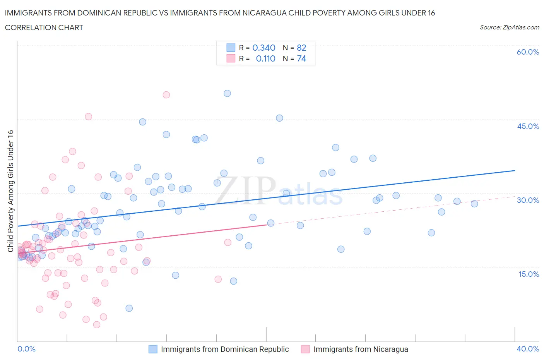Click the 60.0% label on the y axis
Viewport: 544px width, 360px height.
click(x=528, y=52)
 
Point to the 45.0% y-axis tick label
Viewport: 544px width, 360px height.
click(x=528, y=126)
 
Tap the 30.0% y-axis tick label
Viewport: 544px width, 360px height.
click(x=528, y=200)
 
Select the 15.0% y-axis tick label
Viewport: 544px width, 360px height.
click(x=528, y=274)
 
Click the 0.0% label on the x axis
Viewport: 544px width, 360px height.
click(x=26, y=349)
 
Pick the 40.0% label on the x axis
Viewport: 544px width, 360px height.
click(x=528, y=349)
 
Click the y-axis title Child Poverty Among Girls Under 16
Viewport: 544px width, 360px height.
click(x=10, y=191)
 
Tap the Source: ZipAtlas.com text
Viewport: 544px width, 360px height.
click(x=509, y=27)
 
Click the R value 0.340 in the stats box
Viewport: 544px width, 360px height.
click(x=264, y=48)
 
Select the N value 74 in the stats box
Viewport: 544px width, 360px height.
click(x=301, y=58)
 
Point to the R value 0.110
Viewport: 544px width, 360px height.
click(x=265, y=58)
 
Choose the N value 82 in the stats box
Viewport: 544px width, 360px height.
click(x=301, y=48)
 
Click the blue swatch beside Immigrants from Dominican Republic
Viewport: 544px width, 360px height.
click(x=153, y=349)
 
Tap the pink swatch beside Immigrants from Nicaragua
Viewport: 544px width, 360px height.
click(x=306, y=349)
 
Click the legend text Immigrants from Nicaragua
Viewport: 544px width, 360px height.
click(x=361, y=349)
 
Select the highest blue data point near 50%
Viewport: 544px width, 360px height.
click(x=227, y=93)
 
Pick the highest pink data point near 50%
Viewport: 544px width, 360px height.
click(x=166, y=95)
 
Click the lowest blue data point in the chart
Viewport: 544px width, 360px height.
click(x=129, y=308)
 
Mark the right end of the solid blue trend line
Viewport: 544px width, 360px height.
click(x=515, y=170)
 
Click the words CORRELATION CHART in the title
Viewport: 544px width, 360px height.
click(x=44, y=27)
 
